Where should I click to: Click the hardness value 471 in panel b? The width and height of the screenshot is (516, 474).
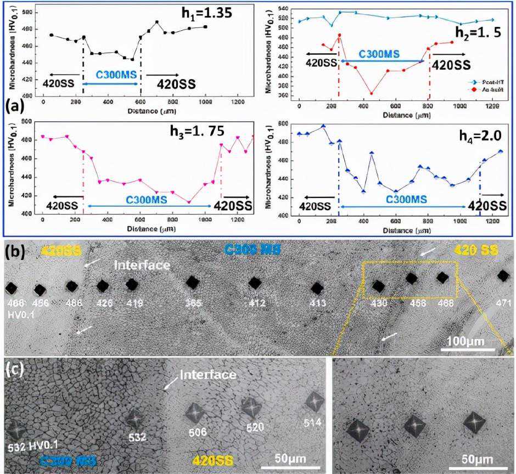pos(503,302)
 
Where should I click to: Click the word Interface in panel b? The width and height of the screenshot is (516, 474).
pos(142,265)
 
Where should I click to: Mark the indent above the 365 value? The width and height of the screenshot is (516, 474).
pos(192,282)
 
